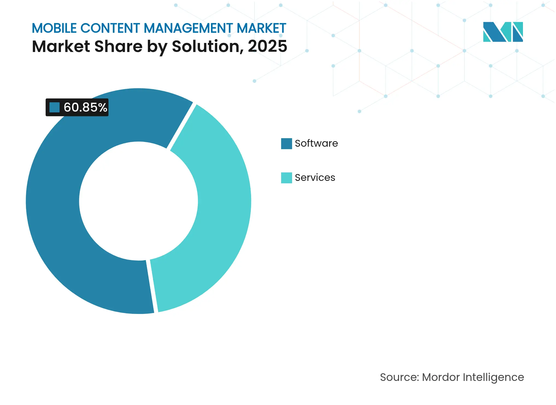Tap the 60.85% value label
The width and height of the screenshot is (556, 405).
(85, 107)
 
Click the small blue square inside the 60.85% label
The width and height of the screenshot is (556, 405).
(54, 107)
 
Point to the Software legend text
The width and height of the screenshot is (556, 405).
(316, 143)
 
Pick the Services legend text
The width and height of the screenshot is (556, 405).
(315, 178)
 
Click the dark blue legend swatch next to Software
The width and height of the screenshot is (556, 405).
(286, 143)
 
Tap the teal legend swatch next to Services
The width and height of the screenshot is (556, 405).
(286, 178)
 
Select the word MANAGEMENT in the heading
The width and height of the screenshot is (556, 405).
(188, 28)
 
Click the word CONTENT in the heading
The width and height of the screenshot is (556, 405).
(110, 28)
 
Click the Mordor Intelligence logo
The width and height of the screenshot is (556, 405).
(503, 32)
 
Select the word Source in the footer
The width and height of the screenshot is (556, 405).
(399, 377)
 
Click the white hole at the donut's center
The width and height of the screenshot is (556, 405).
(139, 201)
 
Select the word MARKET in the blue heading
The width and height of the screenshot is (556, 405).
(261, 28)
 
